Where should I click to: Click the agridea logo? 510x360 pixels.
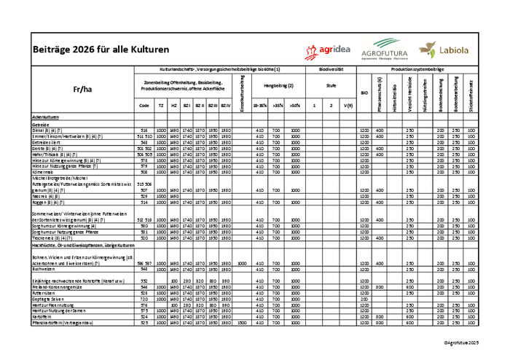[329, 50]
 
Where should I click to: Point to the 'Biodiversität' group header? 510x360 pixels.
[331, 69]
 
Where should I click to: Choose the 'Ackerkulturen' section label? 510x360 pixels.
[45, 117]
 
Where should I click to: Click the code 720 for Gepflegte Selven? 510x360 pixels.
[144, 299]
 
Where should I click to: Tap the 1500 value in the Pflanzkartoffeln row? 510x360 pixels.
[243, 323]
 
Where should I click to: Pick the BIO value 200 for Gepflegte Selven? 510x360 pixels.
[364, 299]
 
